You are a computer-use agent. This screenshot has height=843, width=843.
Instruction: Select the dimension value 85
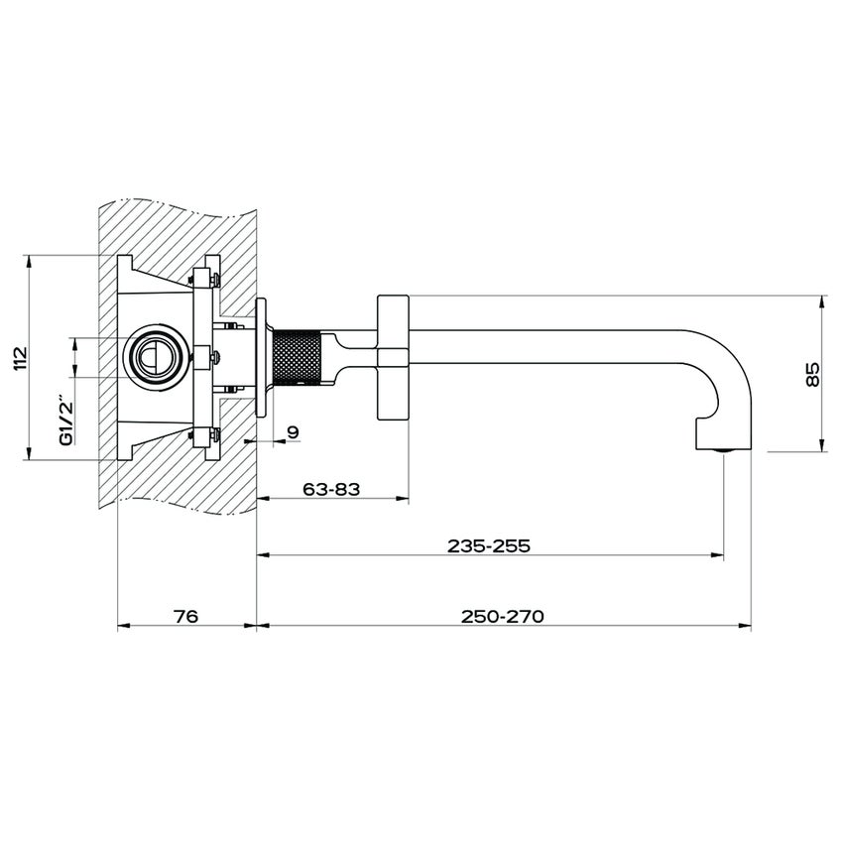coord(813,373)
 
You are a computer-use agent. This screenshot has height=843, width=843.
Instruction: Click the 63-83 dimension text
coord(331,489)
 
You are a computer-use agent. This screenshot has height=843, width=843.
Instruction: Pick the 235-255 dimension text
coord(489,545)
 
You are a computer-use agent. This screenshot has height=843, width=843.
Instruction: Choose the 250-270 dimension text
coord(503,616)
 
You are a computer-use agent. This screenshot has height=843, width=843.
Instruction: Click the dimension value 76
coord(186,616)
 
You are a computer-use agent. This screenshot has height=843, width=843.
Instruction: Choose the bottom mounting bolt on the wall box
coord(208,433)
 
